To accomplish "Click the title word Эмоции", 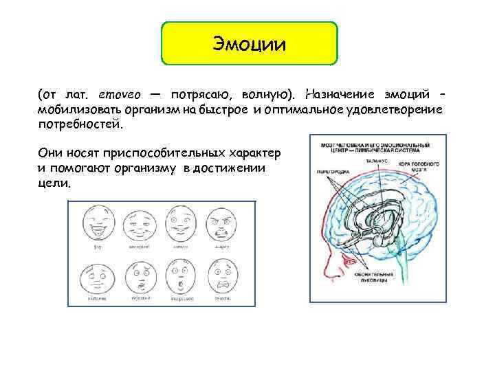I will pos(250,45).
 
